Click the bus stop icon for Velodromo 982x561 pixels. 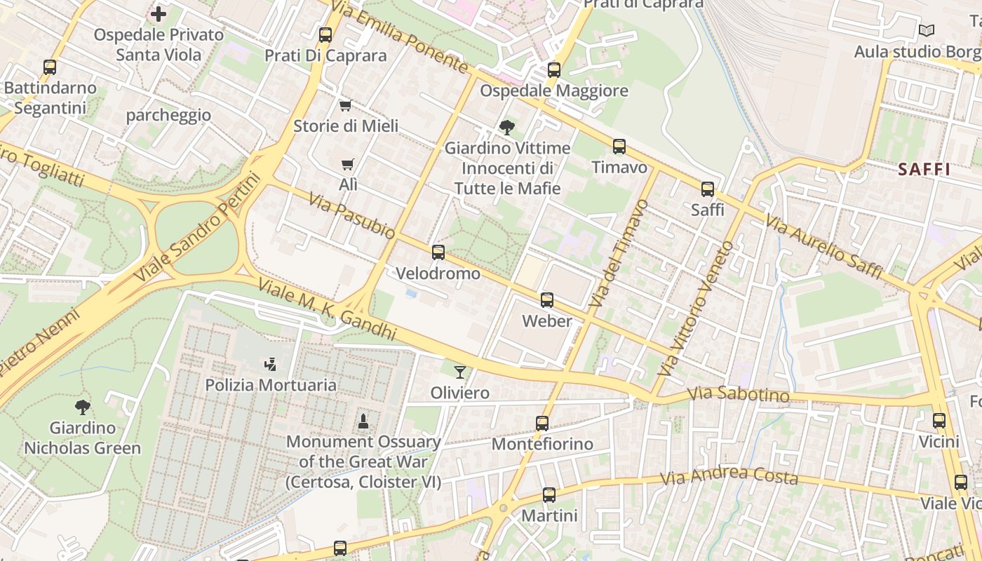438,252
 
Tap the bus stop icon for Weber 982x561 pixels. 547,300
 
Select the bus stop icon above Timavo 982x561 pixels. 619,147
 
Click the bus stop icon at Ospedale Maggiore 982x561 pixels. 554,70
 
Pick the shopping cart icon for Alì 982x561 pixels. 347,165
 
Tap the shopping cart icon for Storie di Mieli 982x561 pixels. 345,106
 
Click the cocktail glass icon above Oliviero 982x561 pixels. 459,372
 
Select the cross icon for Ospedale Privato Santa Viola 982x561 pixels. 159,13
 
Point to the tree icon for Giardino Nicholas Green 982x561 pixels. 83,407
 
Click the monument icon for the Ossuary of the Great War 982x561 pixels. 363,421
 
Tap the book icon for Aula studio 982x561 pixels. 926,30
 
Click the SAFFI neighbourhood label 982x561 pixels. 924,169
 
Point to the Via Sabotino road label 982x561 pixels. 738,395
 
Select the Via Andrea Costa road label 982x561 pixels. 729,477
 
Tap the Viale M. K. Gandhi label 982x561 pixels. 327,309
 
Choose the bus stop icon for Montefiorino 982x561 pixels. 542,424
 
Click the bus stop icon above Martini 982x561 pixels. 549,495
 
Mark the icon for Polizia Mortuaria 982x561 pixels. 270,364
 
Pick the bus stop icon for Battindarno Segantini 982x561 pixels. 50,67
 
